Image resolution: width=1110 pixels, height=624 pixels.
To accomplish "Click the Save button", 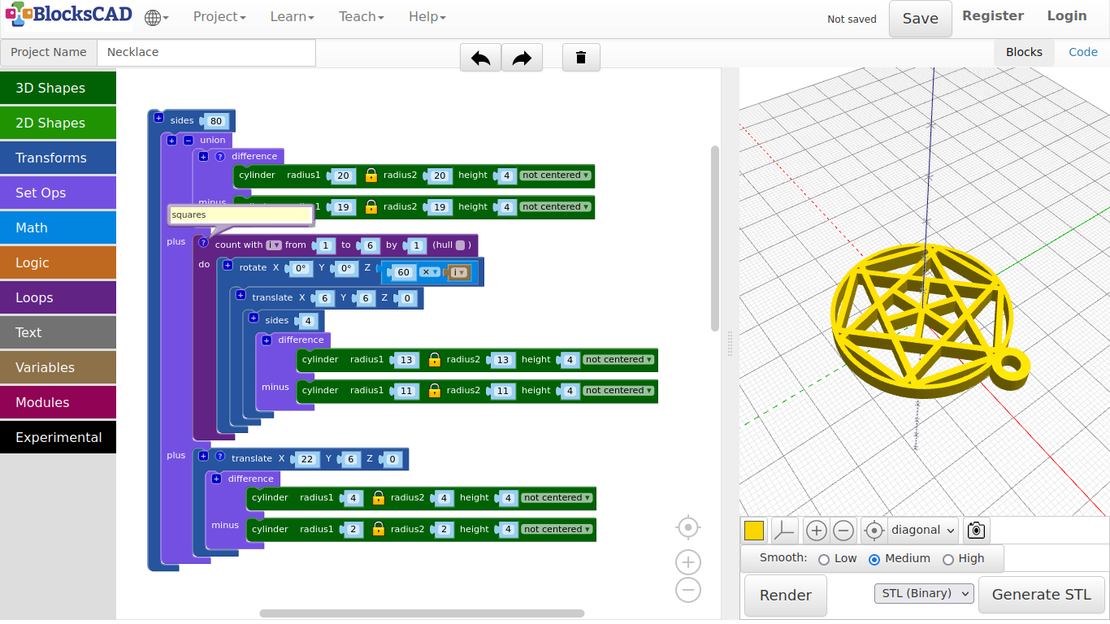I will pos(920,19).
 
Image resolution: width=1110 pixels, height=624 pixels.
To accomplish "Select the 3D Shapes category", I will pos(59,88).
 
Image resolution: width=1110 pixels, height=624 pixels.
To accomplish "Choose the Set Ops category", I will pos(59,193).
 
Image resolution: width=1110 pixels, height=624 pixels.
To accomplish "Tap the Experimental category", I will pos(59,437).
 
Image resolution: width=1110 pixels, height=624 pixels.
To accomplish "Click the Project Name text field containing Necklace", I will pos(206,52).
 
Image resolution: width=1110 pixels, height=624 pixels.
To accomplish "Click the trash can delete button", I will pos(580,58).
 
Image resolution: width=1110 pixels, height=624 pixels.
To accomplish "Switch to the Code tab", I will pos(1082,52).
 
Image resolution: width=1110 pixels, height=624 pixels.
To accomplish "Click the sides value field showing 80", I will pos(215,121).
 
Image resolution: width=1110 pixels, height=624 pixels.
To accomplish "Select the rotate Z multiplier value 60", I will pos(404,272).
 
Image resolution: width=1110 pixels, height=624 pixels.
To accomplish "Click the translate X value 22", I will pos(306,459).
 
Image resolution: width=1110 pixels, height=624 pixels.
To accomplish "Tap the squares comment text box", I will pos(241,214).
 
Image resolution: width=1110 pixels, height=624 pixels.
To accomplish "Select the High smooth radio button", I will pos(948,559).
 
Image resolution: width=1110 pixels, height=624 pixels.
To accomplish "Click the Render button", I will pos(785,595).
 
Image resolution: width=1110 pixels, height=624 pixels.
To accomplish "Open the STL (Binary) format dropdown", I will pos(923,593).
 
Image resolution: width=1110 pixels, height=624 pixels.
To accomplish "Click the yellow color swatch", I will pos(754,531).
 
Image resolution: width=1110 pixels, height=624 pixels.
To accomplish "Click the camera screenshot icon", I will pos(976,531).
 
